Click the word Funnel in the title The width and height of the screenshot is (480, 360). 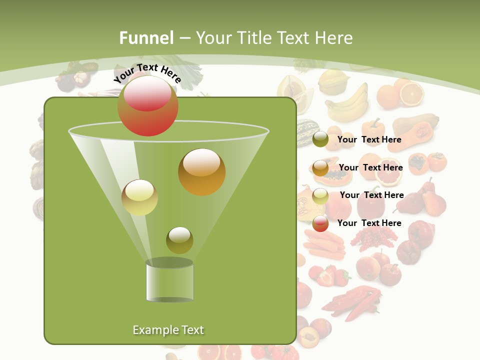(x=146, y=38)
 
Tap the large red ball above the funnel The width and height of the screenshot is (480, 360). (x=148, y=106)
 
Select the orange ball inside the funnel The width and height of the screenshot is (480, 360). (x=202, y=172)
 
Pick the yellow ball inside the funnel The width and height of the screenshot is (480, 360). (x=139, y=197)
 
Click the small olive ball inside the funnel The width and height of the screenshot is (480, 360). (x=179, y=240)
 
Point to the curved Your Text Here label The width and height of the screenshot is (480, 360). (x=147, y=73)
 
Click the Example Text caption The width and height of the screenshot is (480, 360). (x=168, y=330)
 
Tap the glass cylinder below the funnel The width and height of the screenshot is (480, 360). (x=170, y=281)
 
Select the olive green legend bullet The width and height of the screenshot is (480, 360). (x=320, y=139)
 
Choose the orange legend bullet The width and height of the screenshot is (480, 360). (x=320, y=168)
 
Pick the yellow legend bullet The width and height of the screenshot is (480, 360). (x=320, y=195)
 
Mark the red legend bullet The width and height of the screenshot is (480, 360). (x=320, y=223)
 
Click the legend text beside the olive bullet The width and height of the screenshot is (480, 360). (x=369, y=139)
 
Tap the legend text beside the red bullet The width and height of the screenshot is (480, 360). (x=369, y=223)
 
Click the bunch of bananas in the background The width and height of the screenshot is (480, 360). (x=347, y=103)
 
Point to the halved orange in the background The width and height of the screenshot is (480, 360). (x=411, y=93)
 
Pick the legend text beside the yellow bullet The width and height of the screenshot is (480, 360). (x=371, y=195)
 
